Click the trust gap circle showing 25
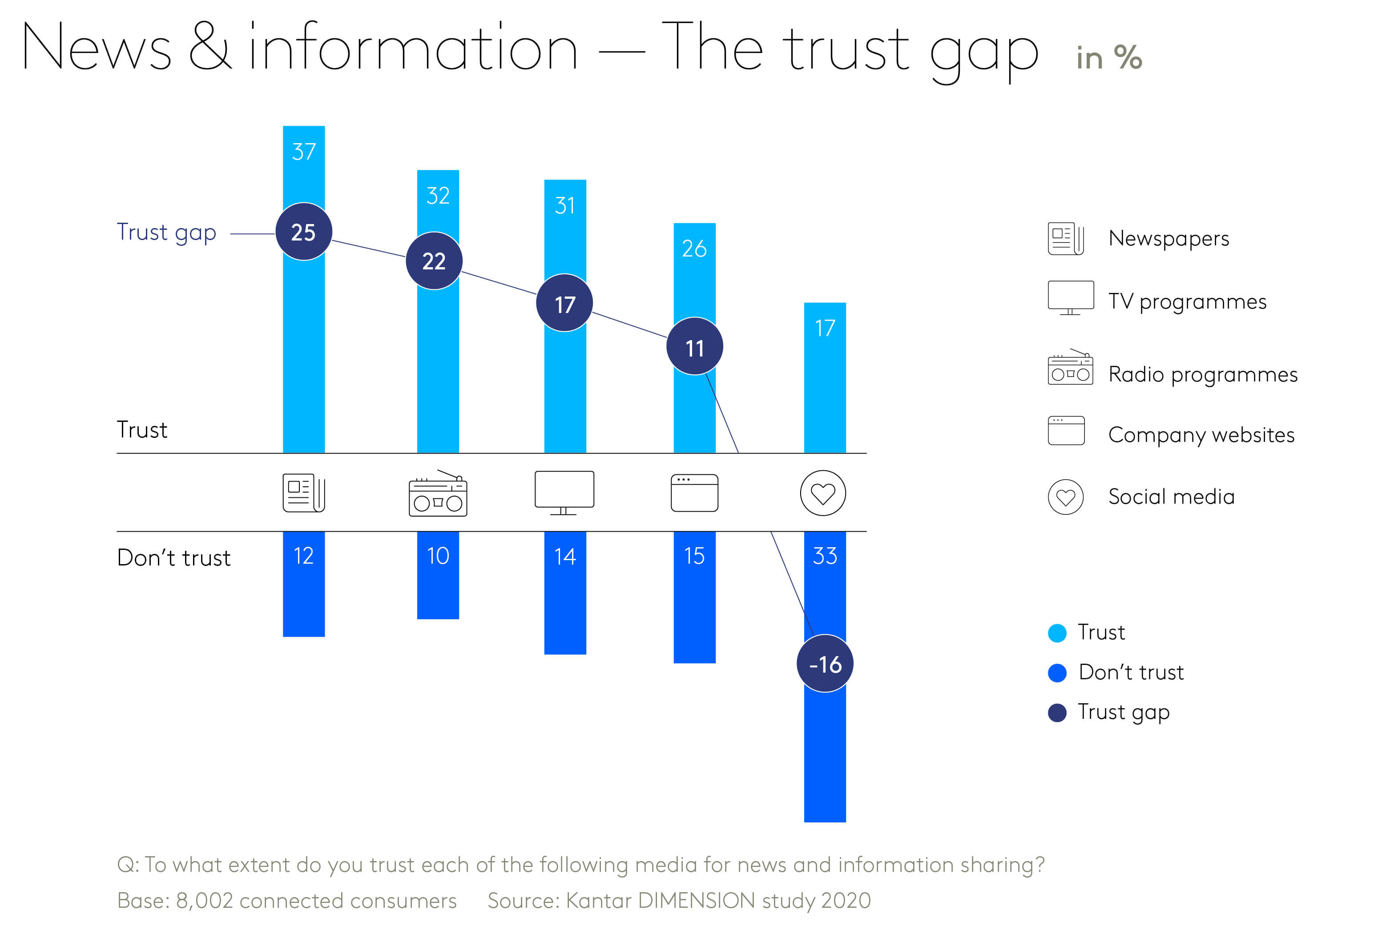tap(304, 232)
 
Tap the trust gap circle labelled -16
tap(825, 664)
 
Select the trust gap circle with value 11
tap(694, 347)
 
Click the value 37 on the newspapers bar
tap(304, 152)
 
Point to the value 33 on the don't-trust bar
tap(825, 556)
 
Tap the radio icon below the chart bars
tap(438, 494)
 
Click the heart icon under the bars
tap(822, 493)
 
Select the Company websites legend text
tap(1201, 435)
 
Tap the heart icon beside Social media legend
tap(1065, 497)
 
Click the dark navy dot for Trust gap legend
tap(1056, 713)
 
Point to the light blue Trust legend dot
tap(1056, 633)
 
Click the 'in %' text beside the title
tap(1108, 58)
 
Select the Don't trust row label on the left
tap(173, 558)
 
